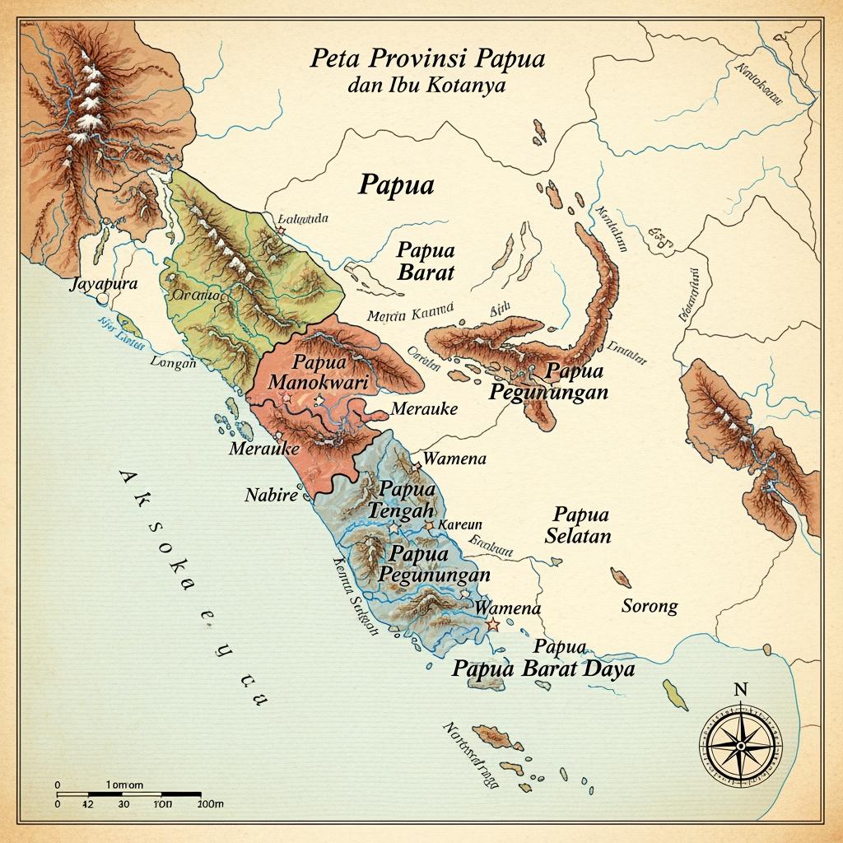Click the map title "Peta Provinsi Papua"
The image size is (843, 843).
pos(427,60)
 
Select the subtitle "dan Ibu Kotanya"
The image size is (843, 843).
pos(427,85)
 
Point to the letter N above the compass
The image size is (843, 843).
pos(739,690)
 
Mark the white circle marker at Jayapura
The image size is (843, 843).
pos(103,300)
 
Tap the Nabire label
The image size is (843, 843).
pos(269,496)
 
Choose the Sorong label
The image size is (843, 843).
pos(649,607)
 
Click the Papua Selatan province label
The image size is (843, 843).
pos(579,525)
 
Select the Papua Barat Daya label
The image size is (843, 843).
pos(543,668)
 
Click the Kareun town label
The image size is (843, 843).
pos(462,524)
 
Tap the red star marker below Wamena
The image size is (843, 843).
pos(493,626)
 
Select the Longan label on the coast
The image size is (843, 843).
pos(174,362)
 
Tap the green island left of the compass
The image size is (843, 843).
pos(676,696)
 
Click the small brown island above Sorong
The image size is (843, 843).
pos(620,577)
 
